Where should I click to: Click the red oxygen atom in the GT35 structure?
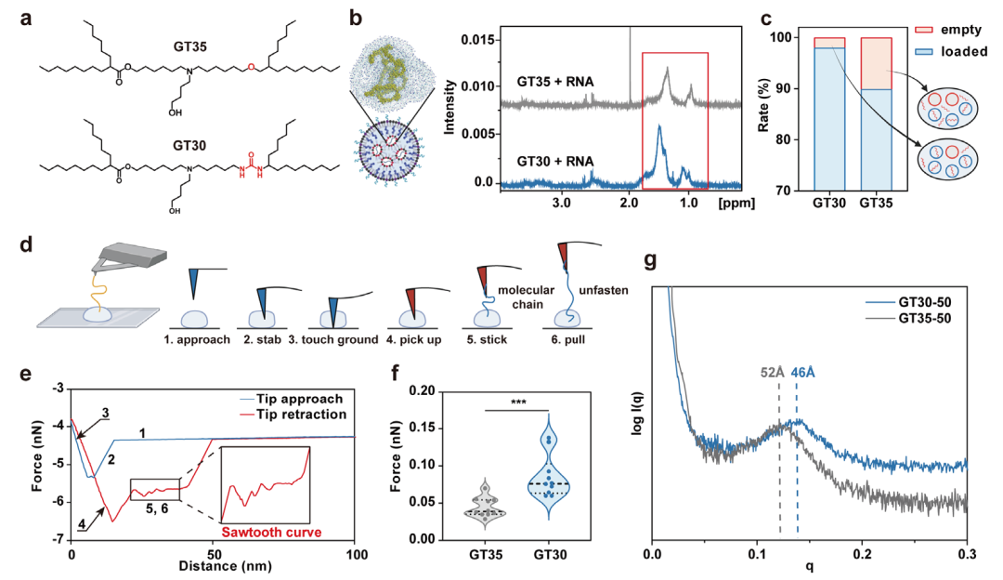click(x=251, y=67)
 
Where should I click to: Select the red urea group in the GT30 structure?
click(x=251, y=164)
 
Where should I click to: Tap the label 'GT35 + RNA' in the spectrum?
click(x=555, y=82)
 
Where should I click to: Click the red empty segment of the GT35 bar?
click(x=876, y=63)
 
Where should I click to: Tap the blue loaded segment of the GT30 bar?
click(x=829, y=119)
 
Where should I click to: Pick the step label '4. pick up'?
click(x=414, y=340)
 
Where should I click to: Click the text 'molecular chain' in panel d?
click(x=527, y=297)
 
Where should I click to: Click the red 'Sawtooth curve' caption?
click(x=271, y=533)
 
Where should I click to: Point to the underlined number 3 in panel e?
click(x=106, y=414)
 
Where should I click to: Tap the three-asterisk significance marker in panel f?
click(x=518, y=402)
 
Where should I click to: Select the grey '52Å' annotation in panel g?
click(x=772, y=373)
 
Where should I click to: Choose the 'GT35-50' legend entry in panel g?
click(x=908, y=318)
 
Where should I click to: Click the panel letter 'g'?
click(x=650, y=259)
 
